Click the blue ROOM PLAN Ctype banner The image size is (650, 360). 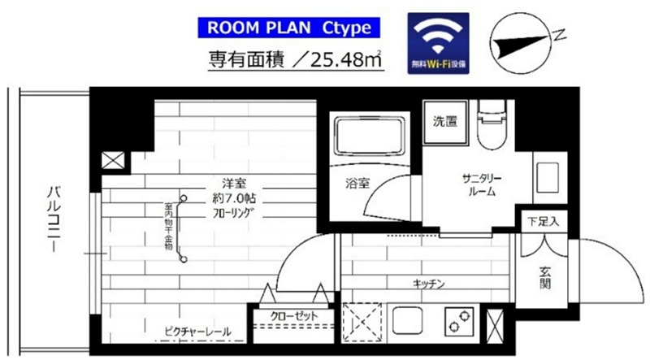289,28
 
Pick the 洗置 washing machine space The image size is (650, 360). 444,123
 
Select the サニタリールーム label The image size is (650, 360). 481,185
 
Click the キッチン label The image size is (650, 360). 427,283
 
